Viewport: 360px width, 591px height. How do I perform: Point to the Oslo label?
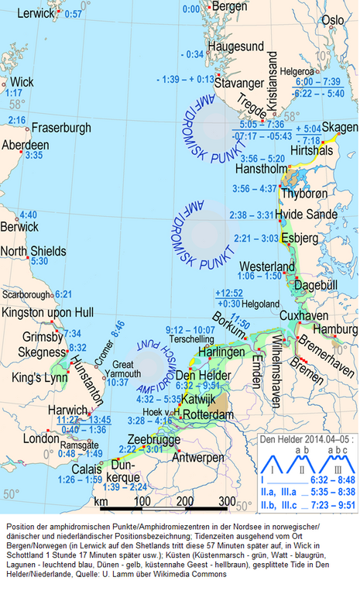(333, 20)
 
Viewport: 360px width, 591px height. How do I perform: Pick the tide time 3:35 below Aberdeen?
(33, 156)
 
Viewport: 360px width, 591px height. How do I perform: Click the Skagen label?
(340, 127)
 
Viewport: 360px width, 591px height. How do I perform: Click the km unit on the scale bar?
(101, 501)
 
